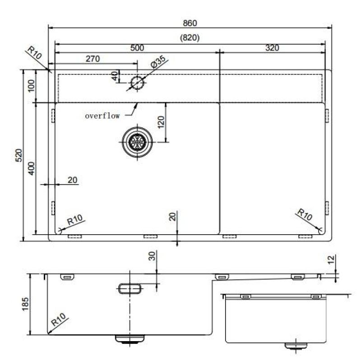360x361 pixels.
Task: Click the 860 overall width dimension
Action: tap(190, 23)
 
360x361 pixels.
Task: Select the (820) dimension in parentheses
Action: tap(190, 38)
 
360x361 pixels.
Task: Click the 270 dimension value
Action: tap(92, 59)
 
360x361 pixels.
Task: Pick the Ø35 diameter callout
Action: tap(159, 63)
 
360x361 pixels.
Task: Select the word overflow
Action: tap(102, 116)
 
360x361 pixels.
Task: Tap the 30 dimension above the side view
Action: tap(152, 256)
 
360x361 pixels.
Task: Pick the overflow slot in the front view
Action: tap(130, 289)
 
